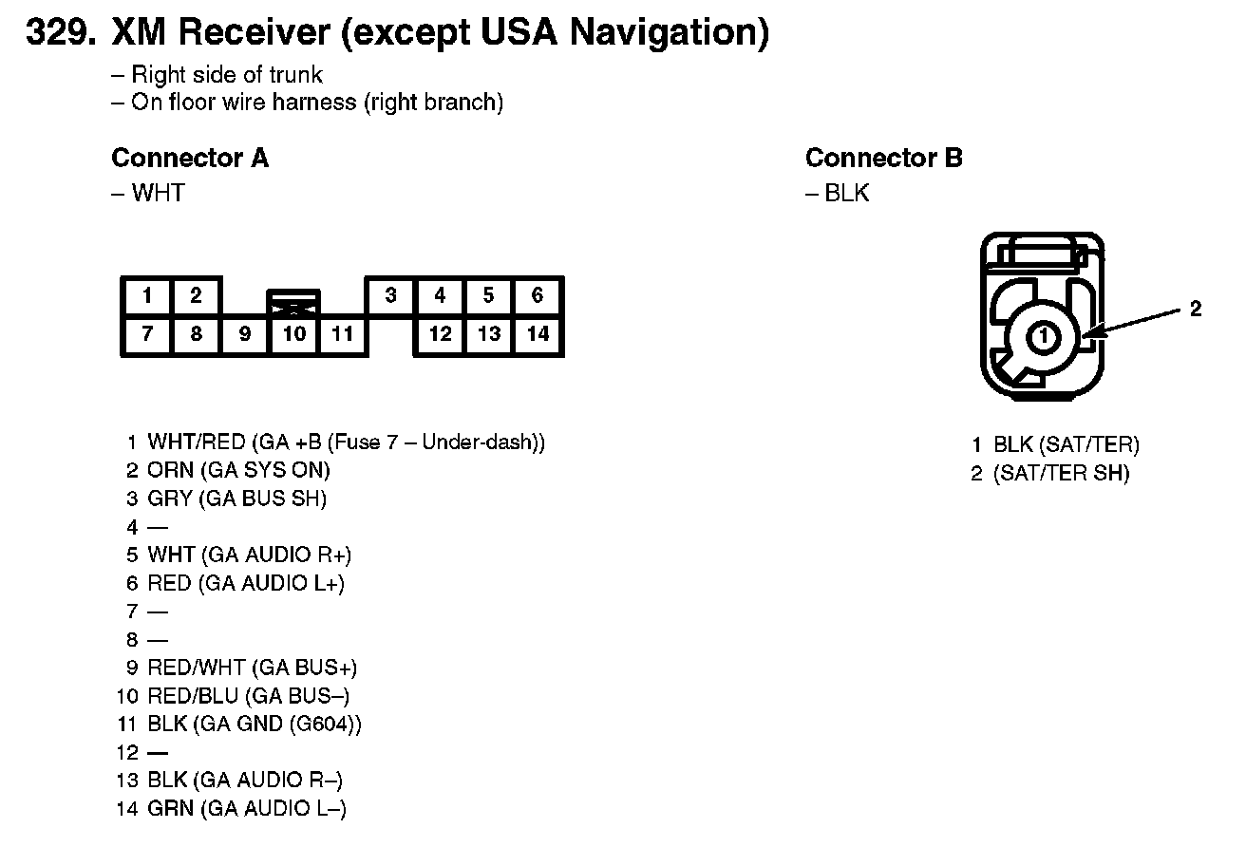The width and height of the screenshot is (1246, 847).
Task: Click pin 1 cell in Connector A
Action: pos(146,296)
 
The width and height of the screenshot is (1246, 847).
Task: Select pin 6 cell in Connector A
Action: pos(538,296)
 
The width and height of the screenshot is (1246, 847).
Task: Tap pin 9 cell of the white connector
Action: pos(245,334)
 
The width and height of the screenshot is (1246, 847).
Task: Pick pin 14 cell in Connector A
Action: pos(538,334)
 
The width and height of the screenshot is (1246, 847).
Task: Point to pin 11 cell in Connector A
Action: pos(343,334)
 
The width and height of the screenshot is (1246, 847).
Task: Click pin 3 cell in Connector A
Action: pos(390,296)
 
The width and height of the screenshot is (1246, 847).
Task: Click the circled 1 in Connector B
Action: pos(1043,335)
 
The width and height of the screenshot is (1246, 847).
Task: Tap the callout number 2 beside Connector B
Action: pos(1196,309)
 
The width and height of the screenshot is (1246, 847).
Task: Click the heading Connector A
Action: pos(190,159)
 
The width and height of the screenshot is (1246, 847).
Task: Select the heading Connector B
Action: pos(883,159)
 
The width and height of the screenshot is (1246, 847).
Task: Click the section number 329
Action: pos(61,33)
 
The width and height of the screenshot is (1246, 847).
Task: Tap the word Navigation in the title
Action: pos(669,33)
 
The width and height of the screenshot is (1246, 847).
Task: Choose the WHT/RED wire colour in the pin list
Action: pos(197,442)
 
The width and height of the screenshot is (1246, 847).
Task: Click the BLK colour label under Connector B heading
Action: pos(846,194)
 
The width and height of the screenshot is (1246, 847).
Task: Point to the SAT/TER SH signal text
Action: pos(1061,474)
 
